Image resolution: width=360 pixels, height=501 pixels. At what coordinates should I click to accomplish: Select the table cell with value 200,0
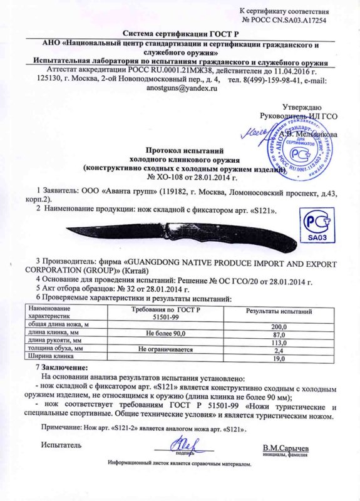pyautogui.click(x=278, y=327)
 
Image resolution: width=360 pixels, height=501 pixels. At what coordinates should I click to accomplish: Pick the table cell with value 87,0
pyautogui.click(x=278, y=335)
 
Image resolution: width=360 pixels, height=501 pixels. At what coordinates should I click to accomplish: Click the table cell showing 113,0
pyautogui.click(x=278, y=343)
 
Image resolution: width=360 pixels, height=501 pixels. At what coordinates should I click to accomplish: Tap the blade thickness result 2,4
pyautogui.click(x=278, y=351)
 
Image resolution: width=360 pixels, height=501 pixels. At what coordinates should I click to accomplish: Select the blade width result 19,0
pyautogui.click(x=278, y=359)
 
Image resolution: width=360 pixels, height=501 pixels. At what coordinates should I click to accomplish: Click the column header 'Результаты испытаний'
pyautogui.click(x=278, y=311)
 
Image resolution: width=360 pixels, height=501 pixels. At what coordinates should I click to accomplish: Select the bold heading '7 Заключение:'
pyautogui.click(x=62, y=366)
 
